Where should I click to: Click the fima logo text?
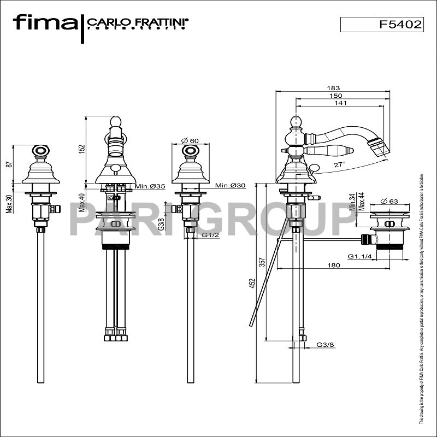[45, 22]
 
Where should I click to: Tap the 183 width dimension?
[333, 88]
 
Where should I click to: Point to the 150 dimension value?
[342, 96]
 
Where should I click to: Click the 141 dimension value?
[340, 103]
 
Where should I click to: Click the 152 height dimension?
[82, 149]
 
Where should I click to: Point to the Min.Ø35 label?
[150, 186]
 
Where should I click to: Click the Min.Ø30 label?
[230, 186]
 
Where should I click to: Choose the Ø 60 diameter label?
[190, 141]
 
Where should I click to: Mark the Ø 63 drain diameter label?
[389, 202]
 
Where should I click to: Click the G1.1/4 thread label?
[358, 256]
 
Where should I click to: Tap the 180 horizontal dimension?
[334, 265]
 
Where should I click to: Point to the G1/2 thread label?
[210, 235]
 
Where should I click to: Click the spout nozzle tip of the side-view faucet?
[377, 146]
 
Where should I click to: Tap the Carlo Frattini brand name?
[137, 22]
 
